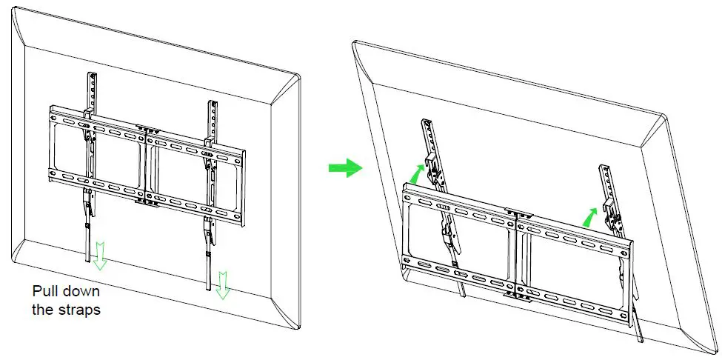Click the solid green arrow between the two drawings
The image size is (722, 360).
[345, 168]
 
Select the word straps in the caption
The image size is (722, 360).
[80, 310]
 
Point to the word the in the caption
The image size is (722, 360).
[42, 310]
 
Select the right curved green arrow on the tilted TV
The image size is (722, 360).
[590, 216]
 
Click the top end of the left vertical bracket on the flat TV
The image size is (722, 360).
[93, 75]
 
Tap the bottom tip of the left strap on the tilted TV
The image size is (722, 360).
[464, 295]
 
